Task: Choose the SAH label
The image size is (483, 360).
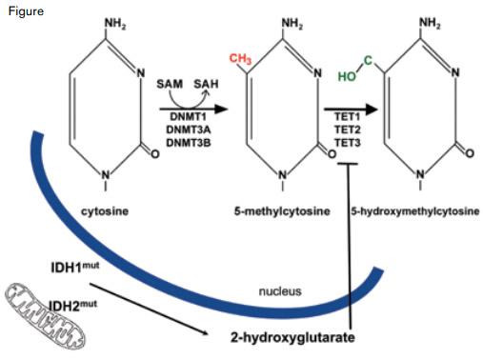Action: click(x=206, y=85)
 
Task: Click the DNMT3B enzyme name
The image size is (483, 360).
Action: click(x=188, y=142)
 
